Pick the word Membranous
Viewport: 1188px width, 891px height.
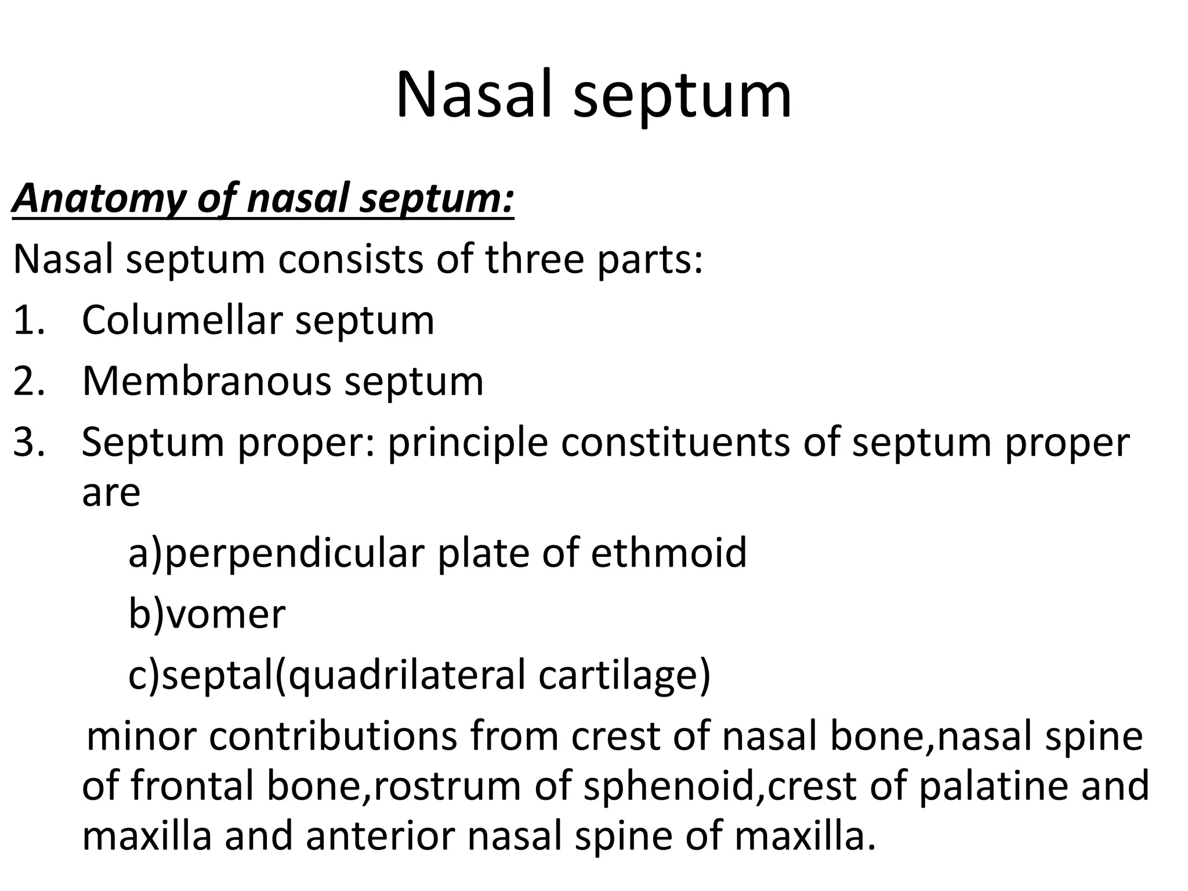pos(207,381)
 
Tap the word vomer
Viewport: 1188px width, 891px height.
pos(226,615)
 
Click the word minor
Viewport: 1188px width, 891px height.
pos(140,737)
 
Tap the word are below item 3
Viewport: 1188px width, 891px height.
pos(111,494)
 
